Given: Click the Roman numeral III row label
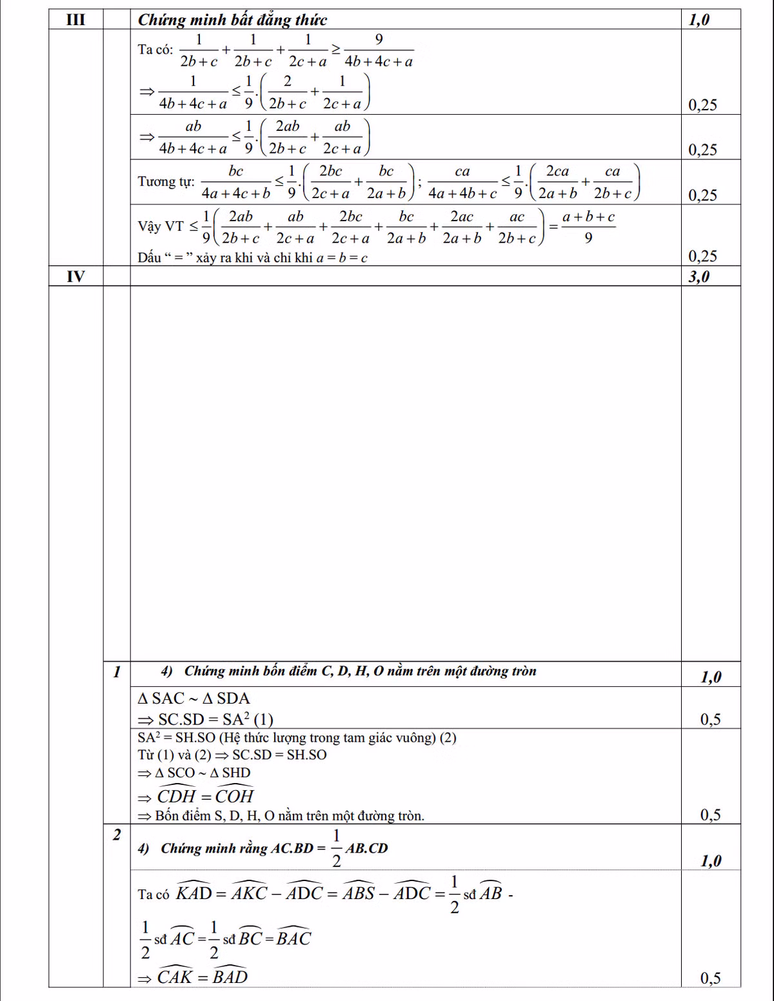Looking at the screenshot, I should point(76,20).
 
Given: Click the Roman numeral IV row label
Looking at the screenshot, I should point(76,277).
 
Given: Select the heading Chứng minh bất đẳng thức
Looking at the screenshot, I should point(232,20).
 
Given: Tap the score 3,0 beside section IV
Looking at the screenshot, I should point(699,277).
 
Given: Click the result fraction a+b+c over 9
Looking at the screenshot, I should point(588,228).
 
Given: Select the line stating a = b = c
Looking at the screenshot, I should point(252,258).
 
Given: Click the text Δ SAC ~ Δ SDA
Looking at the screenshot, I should point(194,699).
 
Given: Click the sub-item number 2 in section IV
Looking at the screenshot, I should point(117,835).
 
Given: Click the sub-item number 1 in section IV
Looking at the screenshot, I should point(117,672).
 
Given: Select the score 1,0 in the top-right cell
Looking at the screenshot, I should point(699,20).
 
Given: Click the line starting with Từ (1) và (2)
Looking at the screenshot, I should point(232,755).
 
